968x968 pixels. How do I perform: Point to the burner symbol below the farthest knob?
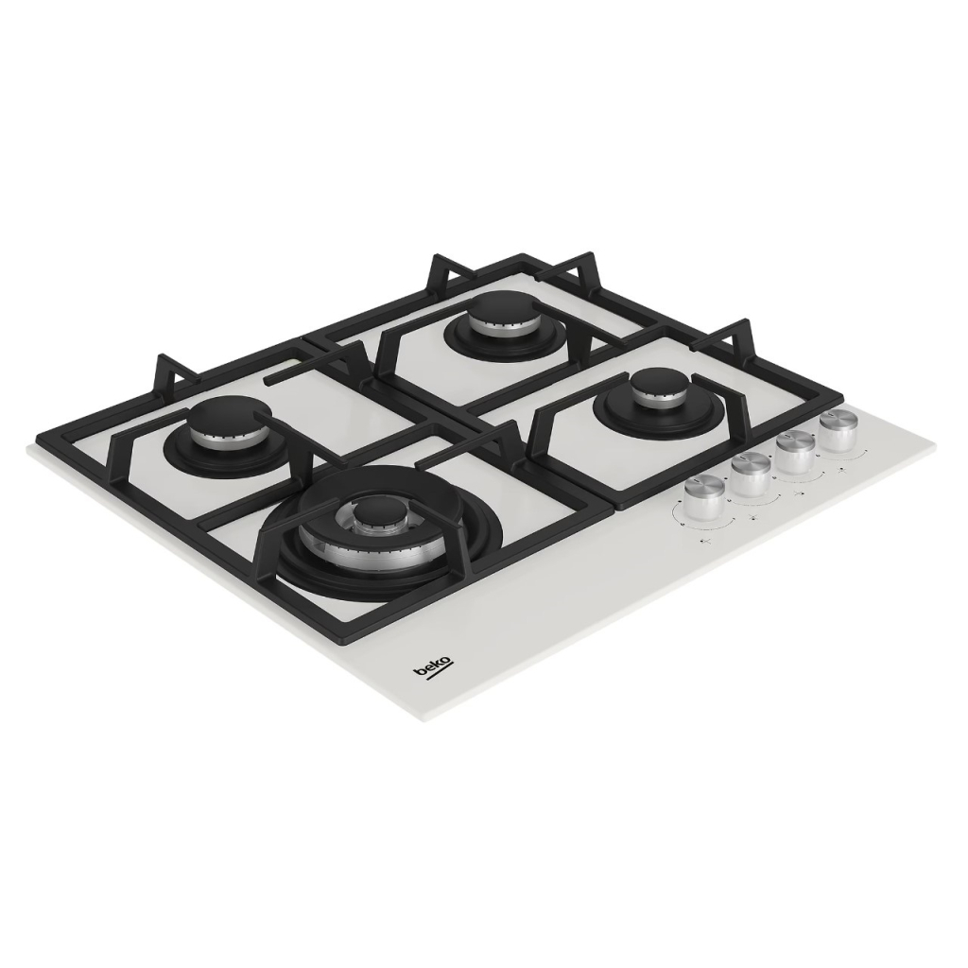tap(839, 467)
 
